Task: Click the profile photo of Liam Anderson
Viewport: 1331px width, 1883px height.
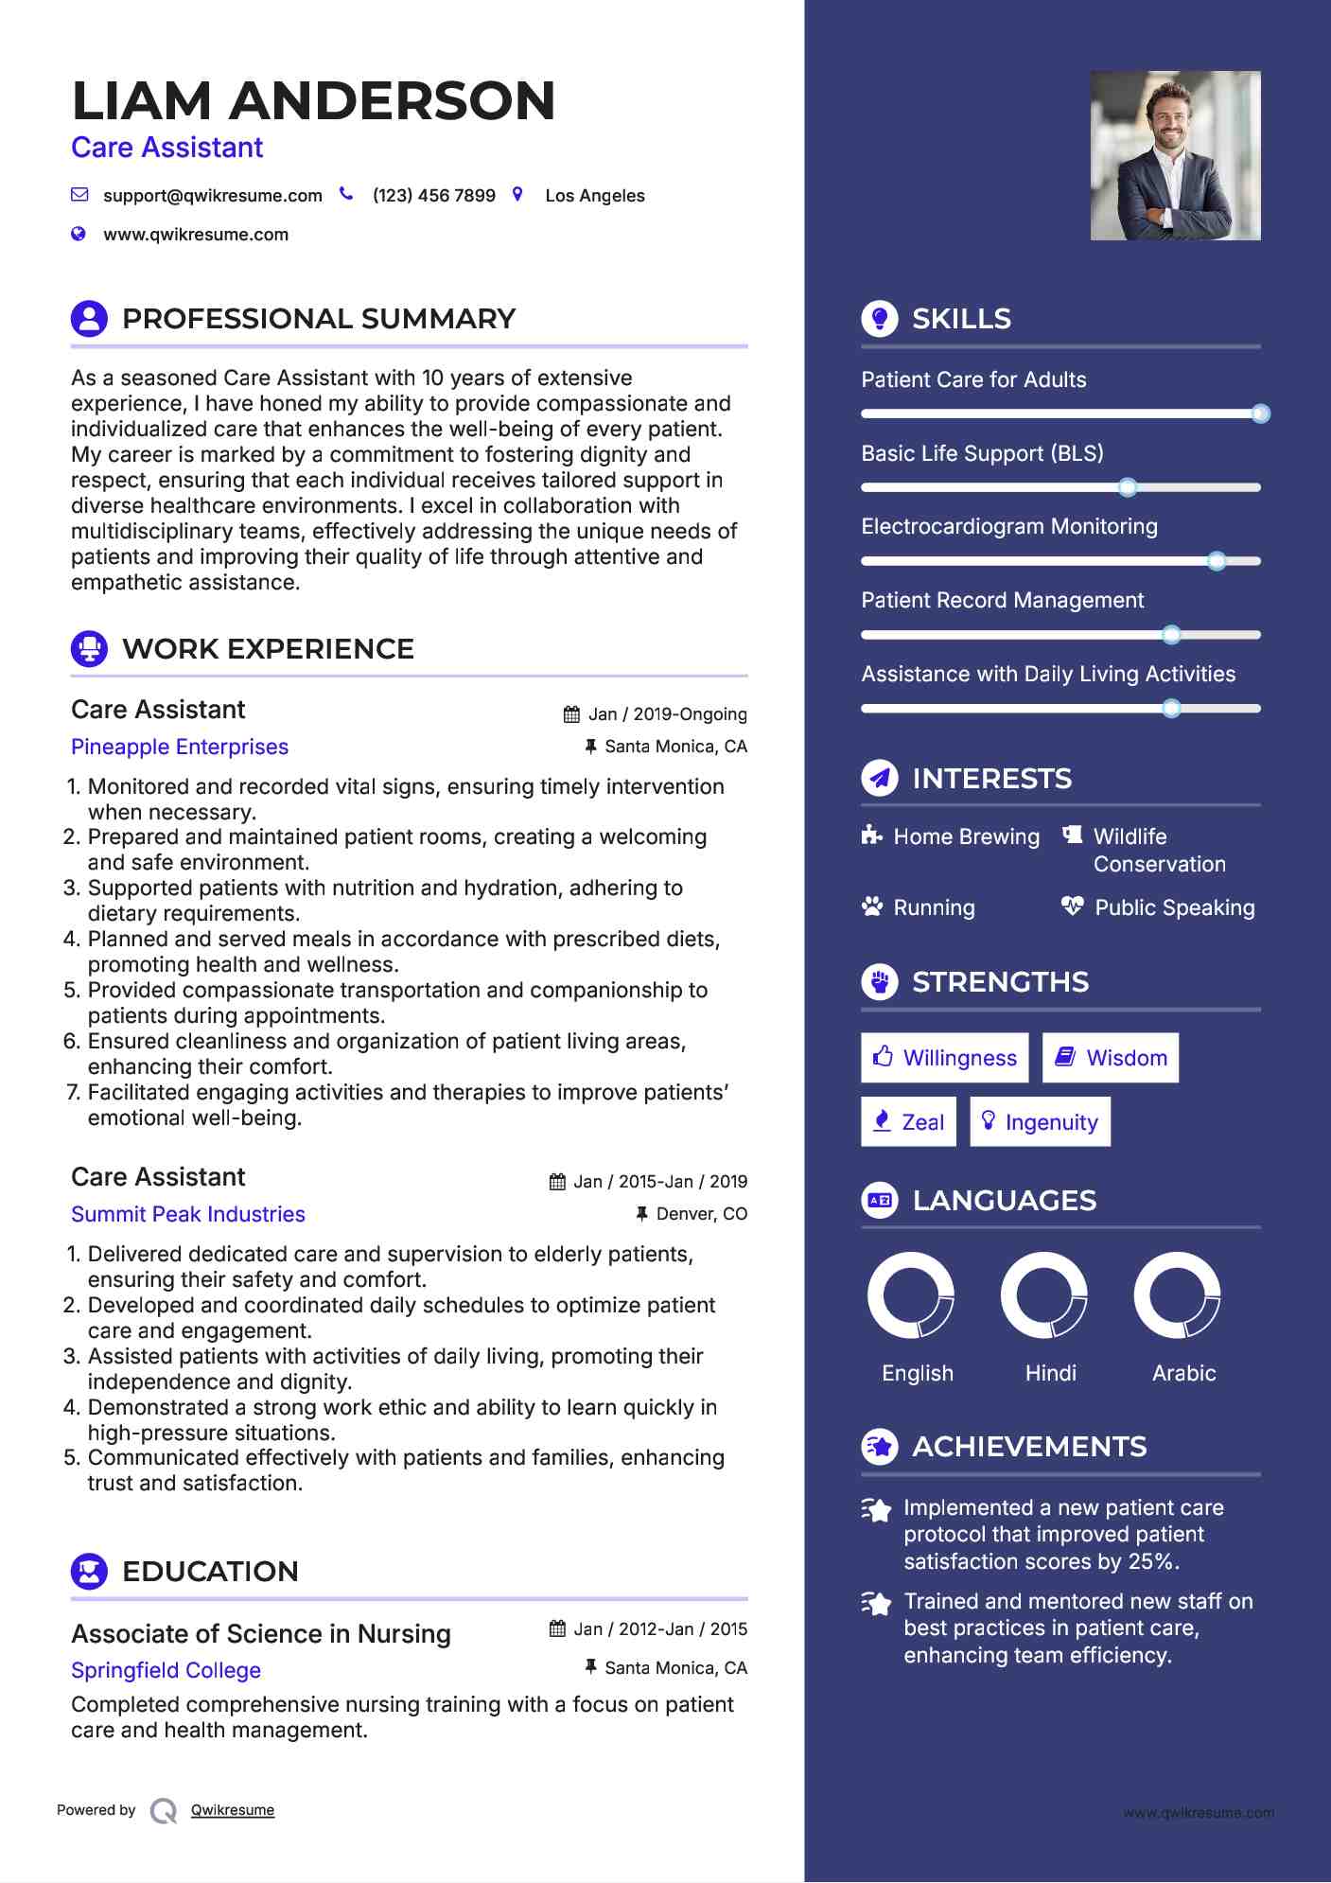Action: [1175, 155]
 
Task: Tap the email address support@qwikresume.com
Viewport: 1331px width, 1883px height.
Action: [212, 196]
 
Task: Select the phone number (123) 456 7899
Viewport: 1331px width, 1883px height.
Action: [433, 196]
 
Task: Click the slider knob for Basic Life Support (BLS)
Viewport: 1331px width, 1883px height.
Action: [1127, 487]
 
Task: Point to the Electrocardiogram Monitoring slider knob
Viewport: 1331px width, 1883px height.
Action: [1217, 561]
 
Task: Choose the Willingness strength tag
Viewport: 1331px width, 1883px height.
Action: [944, 1058]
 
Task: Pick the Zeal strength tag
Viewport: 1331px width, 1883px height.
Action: [908, 1122]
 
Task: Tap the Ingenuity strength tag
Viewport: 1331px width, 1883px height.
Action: [1040, 1122]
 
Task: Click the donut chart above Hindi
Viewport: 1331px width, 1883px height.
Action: [1044, 1295]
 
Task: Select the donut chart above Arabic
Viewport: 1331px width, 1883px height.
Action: [1178, 1295]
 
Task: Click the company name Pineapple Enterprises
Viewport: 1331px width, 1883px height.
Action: [180, 747]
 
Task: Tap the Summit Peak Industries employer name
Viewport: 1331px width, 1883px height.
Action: [188, 1214]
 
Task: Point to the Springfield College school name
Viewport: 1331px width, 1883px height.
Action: [166, 1670]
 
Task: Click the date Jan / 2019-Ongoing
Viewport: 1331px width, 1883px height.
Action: [667, 714]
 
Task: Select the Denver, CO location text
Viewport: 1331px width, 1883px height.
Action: [701, 1214]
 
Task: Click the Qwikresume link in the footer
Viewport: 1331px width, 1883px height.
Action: [233, 1810]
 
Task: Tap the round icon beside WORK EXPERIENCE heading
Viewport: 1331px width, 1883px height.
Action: [90, 649]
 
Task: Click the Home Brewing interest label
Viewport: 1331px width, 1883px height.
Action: [966, 836]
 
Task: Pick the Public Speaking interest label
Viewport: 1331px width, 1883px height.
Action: [1174, 907]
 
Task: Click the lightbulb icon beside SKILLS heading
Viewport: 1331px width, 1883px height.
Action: [880, 319]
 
